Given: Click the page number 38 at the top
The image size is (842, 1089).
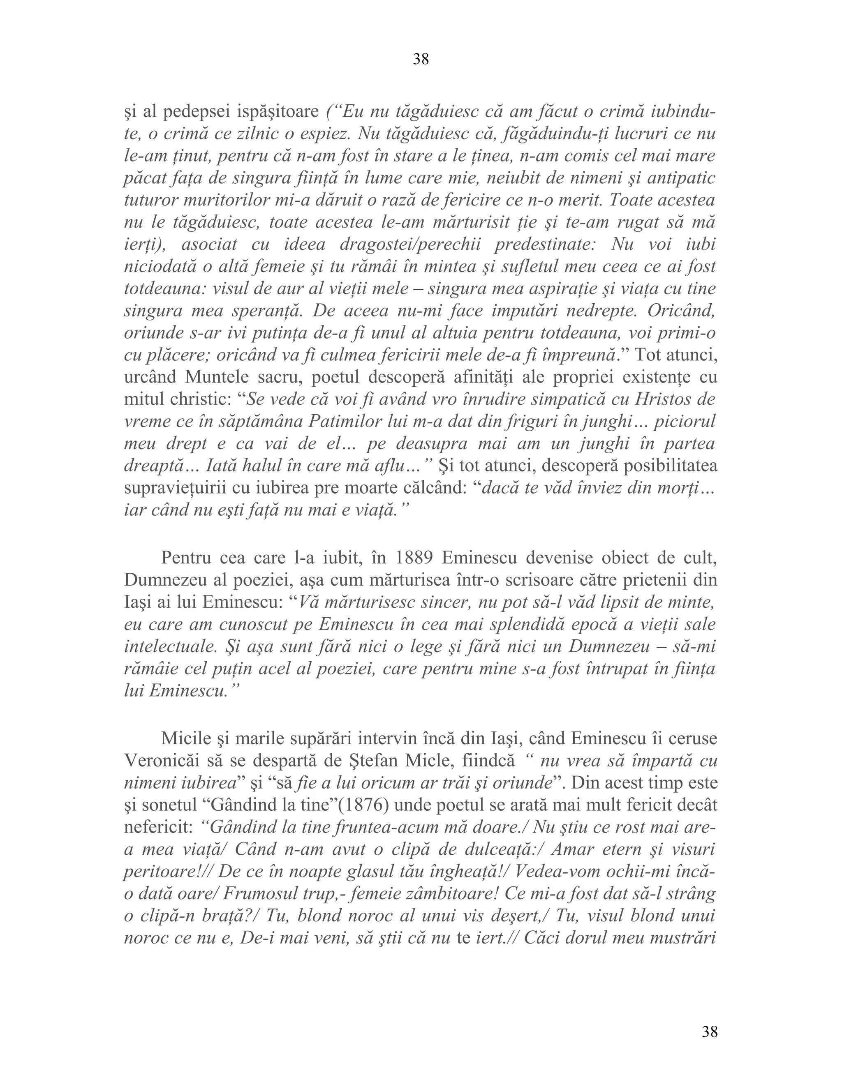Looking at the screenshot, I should coord(421,59).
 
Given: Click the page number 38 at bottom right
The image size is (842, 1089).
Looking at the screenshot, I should coord(709,1031).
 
